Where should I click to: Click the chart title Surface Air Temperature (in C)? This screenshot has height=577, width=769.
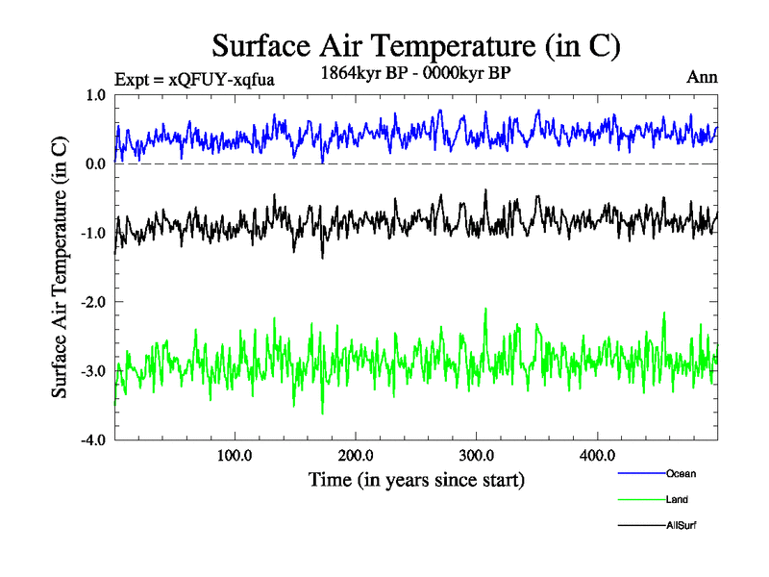coord(416,45)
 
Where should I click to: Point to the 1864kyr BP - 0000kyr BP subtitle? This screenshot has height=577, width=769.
coord(416,71)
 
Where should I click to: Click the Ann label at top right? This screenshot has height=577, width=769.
coord(702,77)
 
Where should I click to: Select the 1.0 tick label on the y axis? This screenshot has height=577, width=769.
coord(95,95)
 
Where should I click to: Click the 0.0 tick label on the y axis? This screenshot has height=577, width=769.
coord(95,164)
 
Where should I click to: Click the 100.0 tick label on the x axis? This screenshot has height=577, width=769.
coord(235,455)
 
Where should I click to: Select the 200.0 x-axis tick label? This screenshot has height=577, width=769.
coord(356,455)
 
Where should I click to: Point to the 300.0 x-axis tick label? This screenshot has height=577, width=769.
coord(477,455)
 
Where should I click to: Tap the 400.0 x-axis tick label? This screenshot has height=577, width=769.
coord(598,455)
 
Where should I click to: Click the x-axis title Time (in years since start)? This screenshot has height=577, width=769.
coord(416,478)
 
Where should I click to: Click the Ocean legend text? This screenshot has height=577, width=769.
coord(681,473)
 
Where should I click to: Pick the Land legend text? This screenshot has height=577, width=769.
coord(677,499)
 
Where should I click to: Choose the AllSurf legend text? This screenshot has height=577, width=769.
coord(681,525)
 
